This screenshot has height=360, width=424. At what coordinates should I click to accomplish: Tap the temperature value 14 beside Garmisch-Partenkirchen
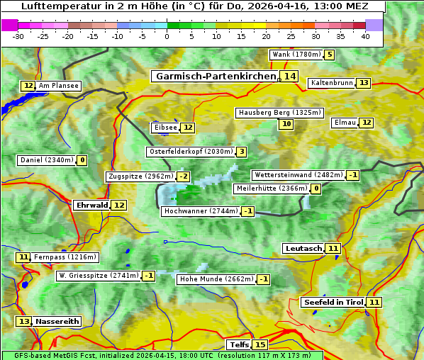point(289,77)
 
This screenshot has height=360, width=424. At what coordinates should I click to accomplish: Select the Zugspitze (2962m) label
point(140,176)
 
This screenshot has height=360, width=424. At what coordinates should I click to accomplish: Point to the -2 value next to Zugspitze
point(184,176)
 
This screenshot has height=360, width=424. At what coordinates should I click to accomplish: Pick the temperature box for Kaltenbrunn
point(364,83)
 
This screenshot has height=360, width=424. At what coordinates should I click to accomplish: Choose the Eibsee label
point(165,128)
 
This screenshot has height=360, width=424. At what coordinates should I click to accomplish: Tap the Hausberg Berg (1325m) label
point(279,113)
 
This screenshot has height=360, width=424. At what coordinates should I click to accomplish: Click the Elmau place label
point(345,123)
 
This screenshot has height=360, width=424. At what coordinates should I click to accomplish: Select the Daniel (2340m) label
point(47,160)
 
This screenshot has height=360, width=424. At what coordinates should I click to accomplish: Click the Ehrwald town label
point(91,206)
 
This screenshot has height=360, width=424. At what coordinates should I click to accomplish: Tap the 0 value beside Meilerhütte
point(316,189)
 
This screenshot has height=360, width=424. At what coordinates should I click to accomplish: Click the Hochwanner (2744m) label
point(201,211)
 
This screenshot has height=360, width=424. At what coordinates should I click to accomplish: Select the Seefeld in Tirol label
point(333,303)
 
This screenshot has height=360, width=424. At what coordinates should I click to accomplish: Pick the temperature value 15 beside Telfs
point(260,345)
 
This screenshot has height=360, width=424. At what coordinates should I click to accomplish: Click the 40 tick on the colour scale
point(365,36)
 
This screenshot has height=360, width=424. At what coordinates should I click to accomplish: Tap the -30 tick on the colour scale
point(18,36)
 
